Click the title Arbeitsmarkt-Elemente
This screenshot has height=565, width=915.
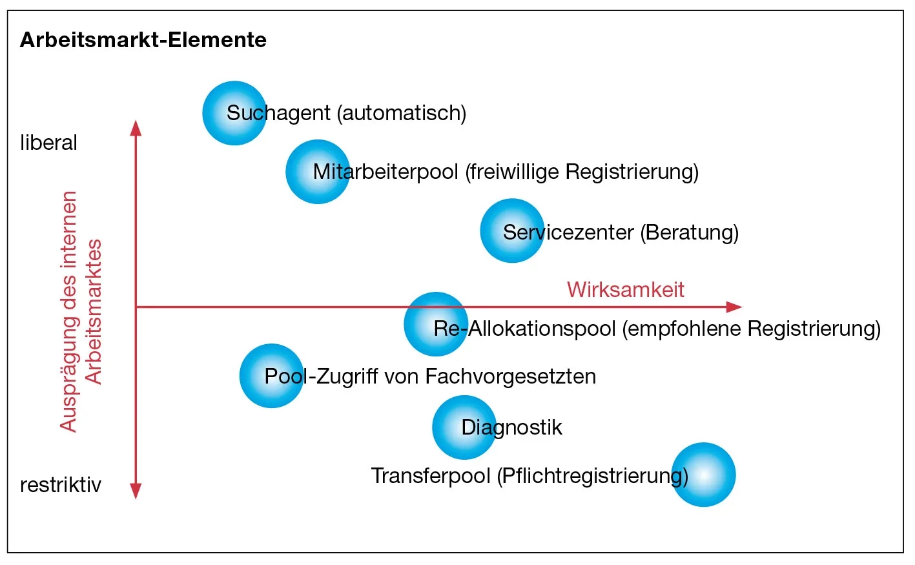143,40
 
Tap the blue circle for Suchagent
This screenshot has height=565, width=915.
234,113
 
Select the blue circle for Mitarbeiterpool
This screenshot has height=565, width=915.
318,172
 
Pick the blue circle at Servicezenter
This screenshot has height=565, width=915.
512,231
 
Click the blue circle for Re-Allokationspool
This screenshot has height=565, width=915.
436,324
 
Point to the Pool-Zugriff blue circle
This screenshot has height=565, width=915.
271,376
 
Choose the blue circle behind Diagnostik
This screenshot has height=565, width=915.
464,427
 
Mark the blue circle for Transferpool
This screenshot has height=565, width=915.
703,475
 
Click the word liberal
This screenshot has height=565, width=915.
48,143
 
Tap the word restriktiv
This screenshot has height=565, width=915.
61,485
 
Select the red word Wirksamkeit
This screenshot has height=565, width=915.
625,289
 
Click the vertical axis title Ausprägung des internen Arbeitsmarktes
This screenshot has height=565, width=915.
81,311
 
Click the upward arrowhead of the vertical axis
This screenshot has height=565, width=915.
136,128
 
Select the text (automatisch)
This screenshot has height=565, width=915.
401,113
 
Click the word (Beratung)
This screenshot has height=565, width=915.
689,232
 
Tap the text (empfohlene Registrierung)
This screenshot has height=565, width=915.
751,329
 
